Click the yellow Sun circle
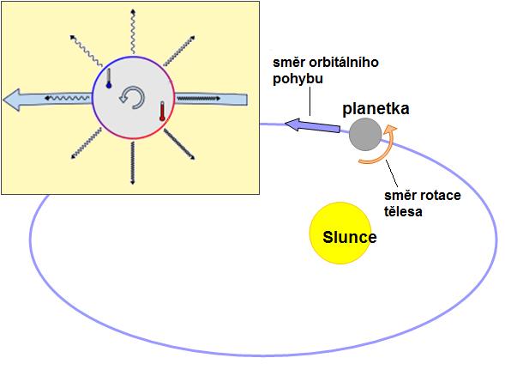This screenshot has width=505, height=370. [x=340, y=233]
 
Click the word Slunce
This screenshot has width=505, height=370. [x=350, y=238]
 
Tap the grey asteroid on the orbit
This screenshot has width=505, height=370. [x=365, y=134]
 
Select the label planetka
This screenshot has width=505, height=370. [x=376, y=109]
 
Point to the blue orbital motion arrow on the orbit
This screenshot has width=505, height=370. [x=312, y=126]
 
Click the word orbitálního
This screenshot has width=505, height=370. [x=344, y=63]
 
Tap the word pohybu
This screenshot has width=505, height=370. [x=298, y=79]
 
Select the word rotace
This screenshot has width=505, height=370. [x=442, y=196]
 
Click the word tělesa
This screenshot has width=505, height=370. [x=403, y=212]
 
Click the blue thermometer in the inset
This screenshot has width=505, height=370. [x=109, y=78]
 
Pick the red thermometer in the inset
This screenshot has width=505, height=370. [x=162, y=112]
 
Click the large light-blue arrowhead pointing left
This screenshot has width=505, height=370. [x=12, y=100]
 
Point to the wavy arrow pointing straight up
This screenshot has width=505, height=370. [x=133, y=31]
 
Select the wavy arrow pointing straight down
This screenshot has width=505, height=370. [x=132, y=163]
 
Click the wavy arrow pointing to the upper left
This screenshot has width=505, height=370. [x=86, y=51]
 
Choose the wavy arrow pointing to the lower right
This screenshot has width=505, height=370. [x=179, y=144]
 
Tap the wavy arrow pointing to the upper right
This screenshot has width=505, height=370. [x=179, y=51]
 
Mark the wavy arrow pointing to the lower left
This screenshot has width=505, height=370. [x=86, y=143]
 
